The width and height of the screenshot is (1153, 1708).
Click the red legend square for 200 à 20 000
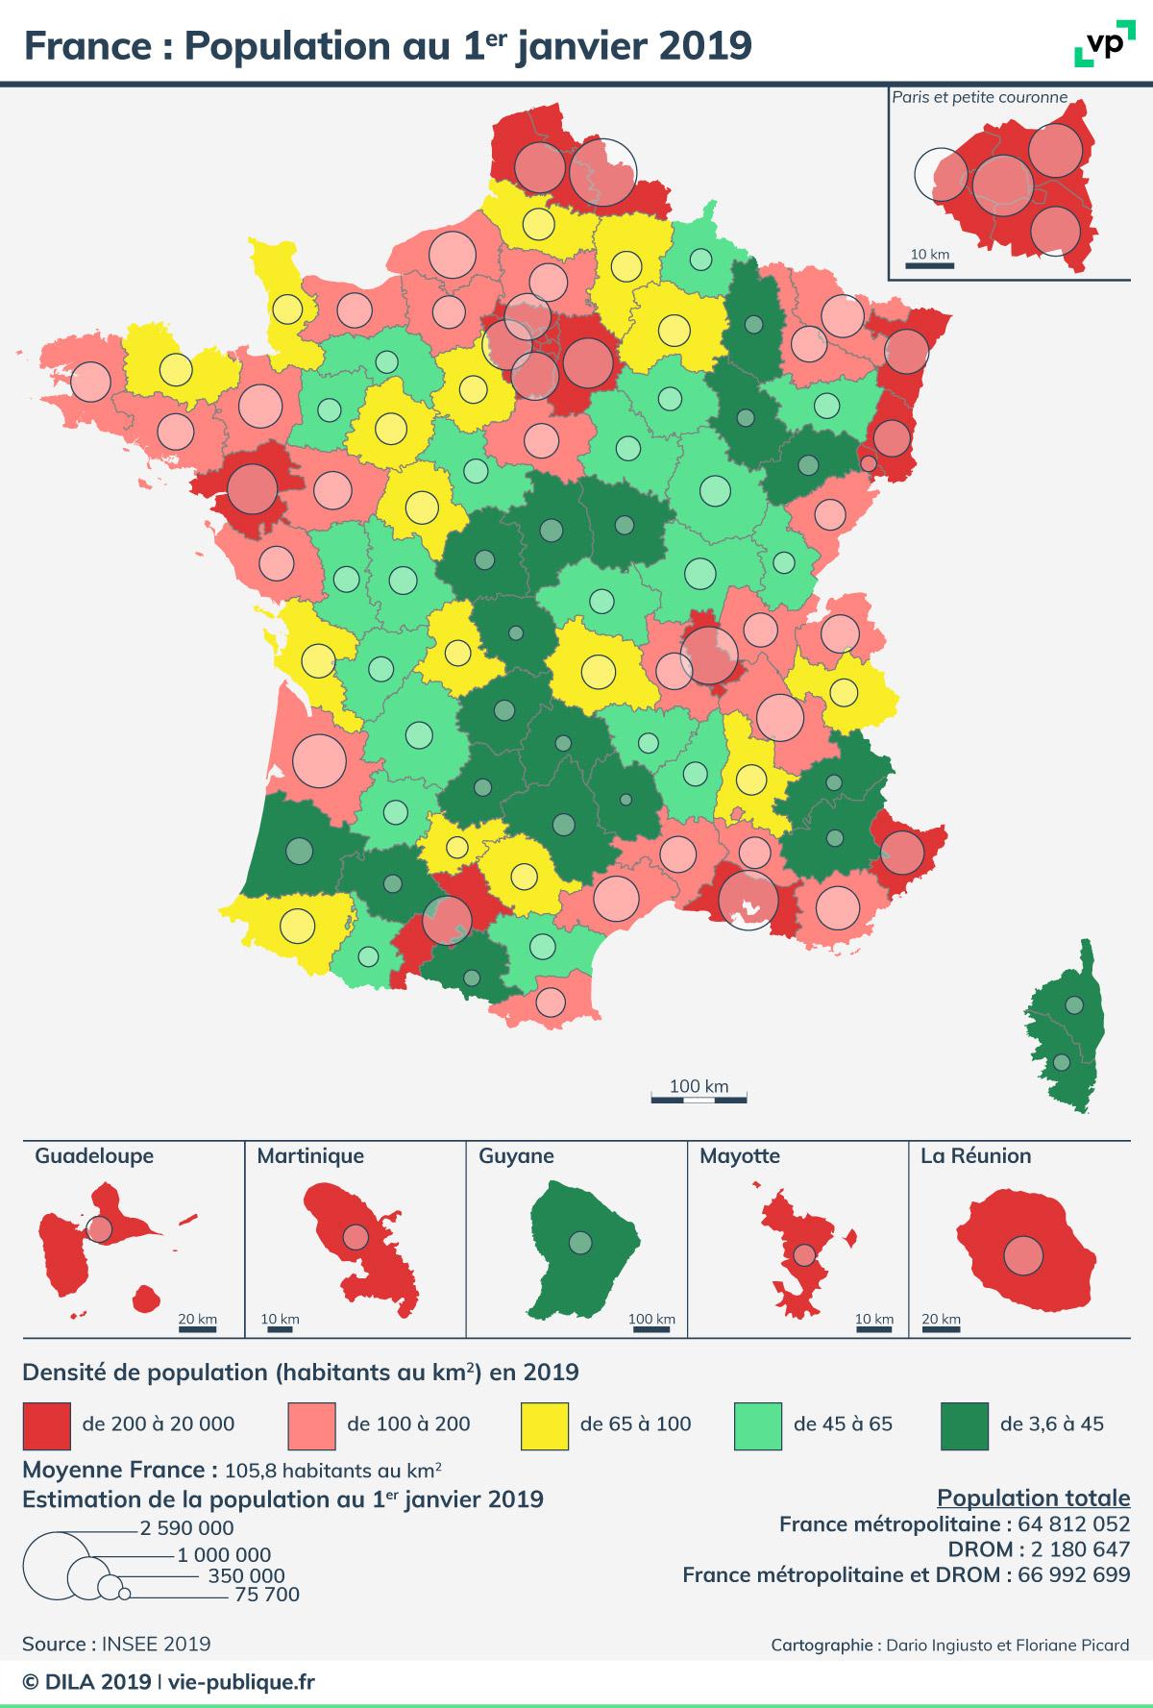46,1425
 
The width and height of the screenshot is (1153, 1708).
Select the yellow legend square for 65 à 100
544,1425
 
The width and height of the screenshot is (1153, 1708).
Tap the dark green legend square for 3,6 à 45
964,1425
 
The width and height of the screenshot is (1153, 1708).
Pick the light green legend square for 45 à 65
757,1425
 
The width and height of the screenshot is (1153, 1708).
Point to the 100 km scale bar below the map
699,1097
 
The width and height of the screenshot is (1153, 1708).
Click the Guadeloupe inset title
94,1156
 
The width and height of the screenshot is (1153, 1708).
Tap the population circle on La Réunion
1024,1255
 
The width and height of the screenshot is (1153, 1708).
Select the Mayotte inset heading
740,1156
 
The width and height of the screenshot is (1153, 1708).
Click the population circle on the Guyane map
579,1243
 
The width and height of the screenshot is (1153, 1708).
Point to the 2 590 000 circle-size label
186,1528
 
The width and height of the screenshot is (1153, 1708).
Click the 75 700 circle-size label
267,1596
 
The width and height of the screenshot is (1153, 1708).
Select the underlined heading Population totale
1033,1498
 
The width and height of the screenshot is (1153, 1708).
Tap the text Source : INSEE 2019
116,1644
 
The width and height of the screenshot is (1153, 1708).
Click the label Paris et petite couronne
980,97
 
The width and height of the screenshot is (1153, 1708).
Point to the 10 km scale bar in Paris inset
928,263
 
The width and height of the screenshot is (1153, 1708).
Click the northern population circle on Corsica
1074,1005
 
